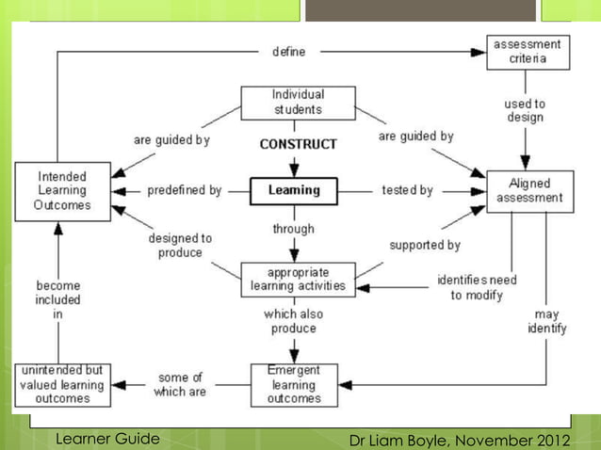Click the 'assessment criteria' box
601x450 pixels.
[528, 52]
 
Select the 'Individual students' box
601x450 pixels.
[298, 103]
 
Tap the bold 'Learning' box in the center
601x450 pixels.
[294, 190]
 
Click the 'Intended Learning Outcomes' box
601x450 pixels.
[62, 191]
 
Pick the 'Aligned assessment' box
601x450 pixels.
[529, 191]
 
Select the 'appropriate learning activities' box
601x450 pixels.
[298, 280]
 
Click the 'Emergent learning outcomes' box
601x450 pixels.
[294, 385]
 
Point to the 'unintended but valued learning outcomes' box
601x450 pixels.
[62, 385]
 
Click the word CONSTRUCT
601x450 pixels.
[298, 145]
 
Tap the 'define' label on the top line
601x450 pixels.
[288, 52]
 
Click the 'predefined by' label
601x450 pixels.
[185, 191]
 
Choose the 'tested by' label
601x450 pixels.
[407, 191]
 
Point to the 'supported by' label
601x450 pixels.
[425, 245]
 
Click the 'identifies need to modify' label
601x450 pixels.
[477, 287]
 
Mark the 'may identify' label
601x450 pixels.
[546, 321]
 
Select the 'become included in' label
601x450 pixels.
[58, 299]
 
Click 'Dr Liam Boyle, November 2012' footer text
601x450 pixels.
[459, 440]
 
